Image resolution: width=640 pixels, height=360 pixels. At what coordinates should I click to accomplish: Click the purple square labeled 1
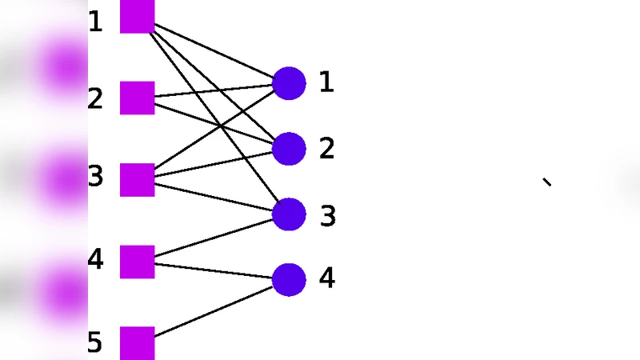click(x=137, y=17)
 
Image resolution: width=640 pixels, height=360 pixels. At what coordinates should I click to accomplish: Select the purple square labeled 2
click(x=137, y=98)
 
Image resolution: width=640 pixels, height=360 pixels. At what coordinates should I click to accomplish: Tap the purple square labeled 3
click(x=137, y=179)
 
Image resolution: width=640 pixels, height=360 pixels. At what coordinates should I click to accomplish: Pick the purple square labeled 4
click(x=137, y=262)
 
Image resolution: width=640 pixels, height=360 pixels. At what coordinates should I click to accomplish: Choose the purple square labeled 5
click(x=137, y=342)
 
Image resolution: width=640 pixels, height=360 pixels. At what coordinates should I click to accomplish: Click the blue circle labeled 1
click(x=289, y=83)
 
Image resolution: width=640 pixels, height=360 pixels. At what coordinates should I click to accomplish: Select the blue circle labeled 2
click(x=289, y=149)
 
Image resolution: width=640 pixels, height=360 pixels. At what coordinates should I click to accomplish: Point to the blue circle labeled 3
click(x=289, y=214)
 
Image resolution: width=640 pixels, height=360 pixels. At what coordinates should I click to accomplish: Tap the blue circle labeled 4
click(x=289, y=279)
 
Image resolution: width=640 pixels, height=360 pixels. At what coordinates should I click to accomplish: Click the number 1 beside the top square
click(x=95, y=22)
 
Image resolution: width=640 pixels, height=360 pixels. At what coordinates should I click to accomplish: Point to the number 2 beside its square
click(x=95, y=99)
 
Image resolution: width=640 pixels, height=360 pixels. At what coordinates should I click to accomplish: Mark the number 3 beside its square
click(x=95, y=177)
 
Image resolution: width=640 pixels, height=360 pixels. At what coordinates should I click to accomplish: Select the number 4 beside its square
click(x=95, y=259)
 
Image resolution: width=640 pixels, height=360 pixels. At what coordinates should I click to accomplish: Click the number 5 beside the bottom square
click(x=95, y=343)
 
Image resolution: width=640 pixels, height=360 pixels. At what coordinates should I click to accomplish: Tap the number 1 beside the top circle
click(x=326, y=82)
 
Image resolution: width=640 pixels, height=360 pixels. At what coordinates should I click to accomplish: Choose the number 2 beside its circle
click(x=326, y=148)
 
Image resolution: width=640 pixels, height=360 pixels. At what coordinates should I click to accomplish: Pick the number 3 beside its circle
click(x=328, y=216)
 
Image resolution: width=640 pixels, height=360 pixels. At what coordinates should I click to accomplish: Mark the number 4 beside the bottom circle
click(x=326, y=278)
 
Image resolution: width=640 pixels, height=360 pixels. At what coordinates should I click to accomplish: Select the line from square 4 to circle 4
click(x=213, y=270)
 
